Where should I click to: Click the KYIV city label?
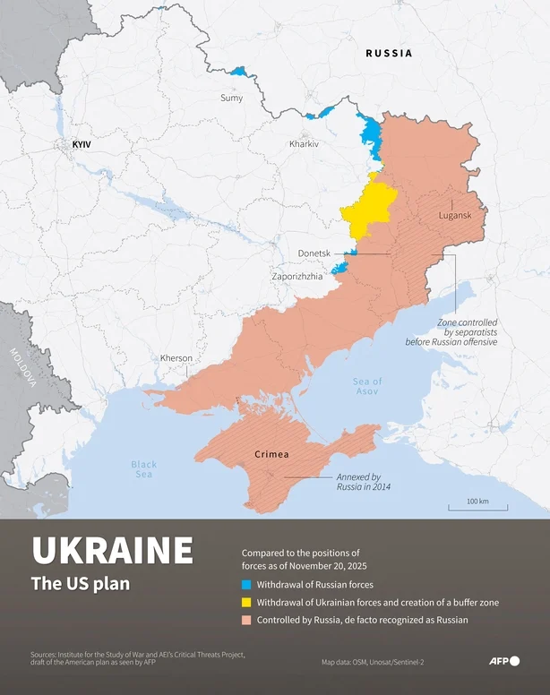tap(82, 144)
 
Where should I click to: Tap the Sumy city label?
tap(231, 98)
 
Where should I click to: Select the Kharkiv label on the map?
tap(304, 144)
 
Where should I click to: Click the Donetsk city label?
tap(314, 254)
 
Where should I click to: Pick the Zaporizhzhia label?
tap(297, 277)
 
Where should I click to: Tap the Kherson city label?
tap(176, 358)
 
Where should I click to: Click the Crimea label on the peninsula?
tap(271, 454)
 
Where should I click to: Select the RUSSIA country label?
tap(389, 54)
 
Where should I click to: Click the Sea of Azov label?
tap(367, 387)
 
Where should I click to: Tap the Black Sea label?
tap(143, 468)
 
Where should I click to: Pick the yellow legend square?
tap(246, 602)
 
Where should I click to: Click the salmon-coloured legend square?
tap(246, 620)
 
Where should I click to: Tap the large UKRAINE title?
tap(112, 551)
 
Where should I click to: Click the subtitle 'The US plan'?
tap(80, 584)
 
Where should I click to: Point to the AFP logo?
tap(503, 661)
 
